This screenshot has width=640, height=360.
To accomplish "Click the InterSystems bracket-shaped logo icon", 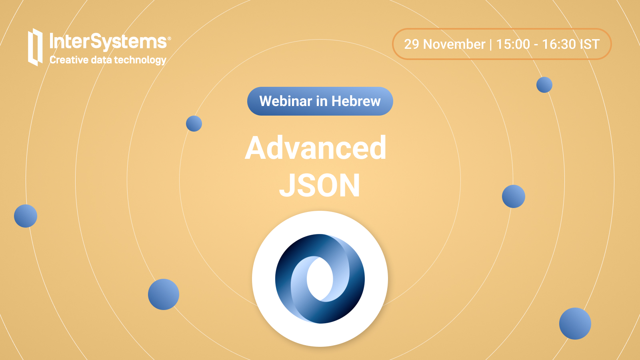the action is pos(35,47).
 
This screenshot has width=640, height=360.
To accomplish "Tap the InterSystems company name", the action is pos(108,42).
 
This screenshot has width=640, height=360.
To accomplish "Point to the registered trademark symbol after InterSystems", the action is pos(169,38).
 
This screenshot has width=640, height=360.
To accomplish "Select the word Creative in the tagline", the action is pos(69,60).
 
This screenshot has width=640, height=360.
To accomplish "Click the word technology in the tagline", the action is pos(140,60).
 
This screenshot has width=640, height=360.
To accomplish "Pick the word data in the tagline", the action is pos(101,60).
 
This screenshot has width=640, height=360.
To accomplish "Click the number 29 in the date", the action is pos(412,44).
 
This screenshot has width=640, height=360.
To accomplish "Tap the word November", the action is pos(454,44).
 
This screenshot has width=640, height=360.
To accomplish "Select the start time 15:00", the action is pos(513,44).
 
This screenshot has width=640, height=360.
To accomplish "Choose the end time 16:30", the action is pos(559,44).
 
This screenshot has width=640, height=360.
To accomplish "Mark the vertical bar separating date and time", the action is pos(490,44).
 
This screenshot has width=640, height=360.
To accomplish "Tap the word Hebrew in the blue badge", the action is pos(356,101).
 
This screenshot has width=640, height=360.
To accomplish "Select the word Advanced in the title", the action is pos(316,148).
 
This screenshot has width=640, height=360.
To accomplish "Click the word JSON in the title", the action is pos(320,186).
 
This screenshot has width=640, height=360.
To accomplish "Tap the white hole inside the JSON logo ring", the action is pos(320,279).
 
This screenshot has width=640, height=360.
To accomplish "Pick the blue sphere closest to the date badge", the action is pos(544,85).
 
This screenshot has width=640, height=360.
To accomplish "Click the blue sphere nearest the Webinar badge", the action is pos(194,124).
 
